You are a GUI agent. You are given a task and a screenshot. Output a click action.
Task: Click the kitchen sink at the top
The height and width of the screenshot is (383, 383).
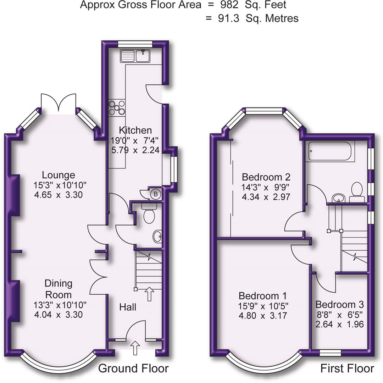tap(135, 56)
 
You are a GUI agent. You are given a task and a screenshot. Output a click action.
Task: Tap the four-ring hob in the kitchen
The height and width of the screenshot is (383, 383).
tap(117, 107)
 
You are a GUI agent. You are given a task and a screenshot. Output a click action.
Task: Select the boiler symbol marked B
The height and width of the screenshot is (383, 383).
tap(155, 194)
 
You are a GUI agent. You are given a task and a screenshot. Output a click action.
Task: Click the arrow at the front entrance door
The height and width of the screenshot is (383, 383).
tap(135, 348)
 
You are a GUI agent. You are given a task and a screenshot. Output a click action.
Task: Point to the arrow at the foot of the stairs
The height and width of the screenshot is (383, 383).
tap(149, 294)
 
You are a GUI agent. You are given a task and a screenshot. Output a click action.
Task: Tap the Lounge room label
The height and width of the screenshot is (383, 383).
tap(59, 175)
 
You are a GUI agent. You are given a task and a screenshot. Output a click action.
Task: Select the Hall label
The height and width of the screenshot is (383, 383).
tap(127, 307)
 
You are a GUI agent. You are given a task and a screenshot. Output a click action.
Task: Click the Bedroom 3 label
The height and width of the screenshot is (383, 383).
tap(339, 305)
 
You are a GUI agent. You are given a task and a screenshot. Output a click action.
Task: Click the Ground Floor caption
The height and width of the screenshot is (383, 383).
tap(133, 368)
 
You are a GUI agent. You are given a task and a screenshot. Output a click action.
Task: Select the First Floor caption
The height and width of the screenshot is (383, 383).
tap(347, 368)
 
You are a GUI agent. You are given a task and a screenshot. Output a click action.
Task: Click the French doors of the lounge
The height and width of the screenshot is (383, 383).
tap(59, 103)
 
